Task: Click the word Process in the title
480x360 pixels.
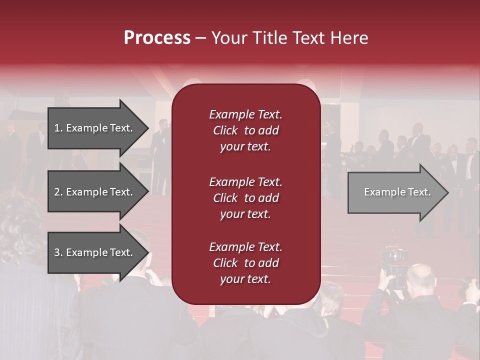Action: click(x=157, y=38)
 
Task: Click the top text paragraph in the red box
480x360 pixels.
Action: click(x=245, y=130)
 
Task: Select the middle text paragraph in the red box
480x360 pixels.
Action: click(x=245, y=197)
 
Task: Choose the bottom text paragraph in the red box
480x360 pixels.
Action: click(x=245, y=263)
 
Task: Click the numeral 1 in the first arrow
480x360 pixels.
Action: click(x=56, y=128)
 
